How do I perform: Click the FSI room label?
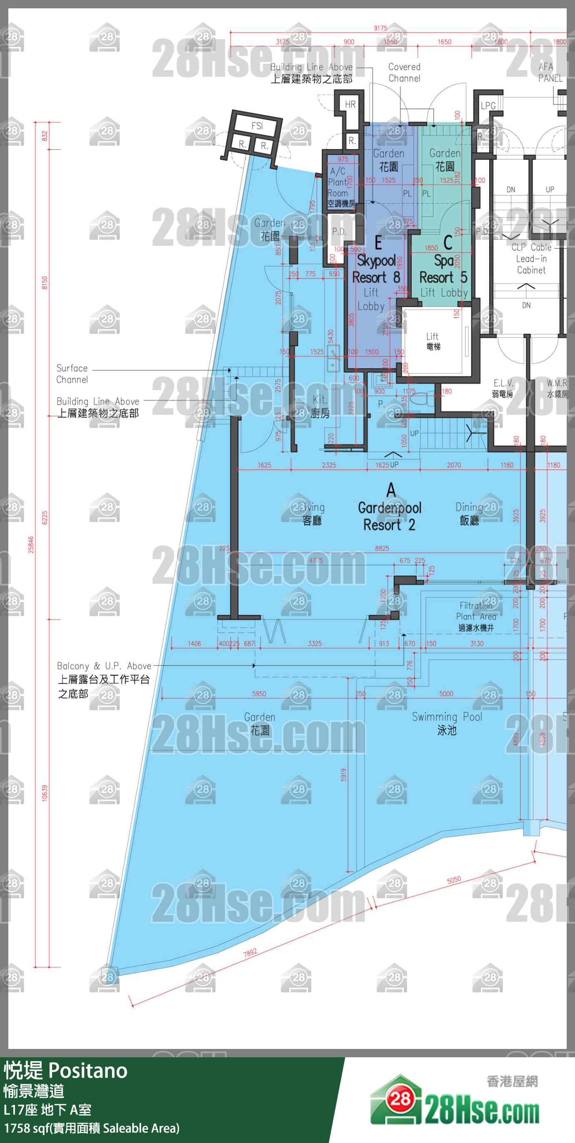coord(257,126)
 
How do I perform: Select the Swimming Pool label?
coord(446,723)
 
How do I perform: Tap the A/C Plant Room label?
coord(341,187)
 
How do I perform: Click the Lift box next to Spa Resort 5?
coord(433,341)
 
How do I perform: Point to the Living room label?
coord(312,514)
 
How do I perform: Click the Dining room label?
coord(469,514)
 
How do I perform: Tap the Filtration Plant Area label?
coord(476,616)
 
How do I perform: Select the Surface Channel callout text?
coord(72,374)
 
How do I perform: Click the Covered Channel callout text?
coord(404,72)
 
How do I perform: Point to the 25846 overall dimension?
coord(31,544)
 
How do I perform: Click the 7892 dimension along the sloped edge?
coord(250,953)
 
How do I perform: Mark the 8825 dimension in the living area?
coord(382,548)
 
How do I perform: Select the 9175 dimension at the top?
coord(380,28)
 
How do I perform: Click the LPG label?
coord(488,106)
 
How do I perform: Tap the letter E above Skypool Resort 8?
coord(378,243)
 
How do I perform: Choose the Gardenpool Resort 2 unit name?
coord(389,516)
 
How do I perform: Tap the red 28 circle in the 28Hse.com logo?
coord(401,1099)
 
